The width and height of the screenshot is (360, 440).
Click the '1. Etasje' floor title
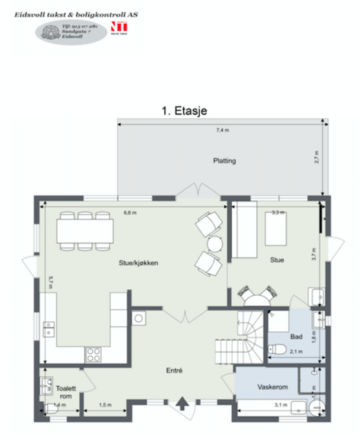click(x=184, y=111)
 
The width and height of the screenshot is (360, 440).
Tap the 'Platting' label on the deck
click(x=224, y=161)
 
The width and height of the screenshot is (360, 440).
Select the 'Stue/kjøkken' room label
click(x=138, y=263)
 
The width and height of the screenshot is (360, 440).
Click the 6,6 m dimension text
click(x=131, y=213)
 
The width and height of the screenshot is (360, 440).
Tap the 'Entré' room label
click(x=175, y=371)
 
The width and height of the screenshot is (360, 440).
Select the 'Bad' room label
click(x=296, y=337)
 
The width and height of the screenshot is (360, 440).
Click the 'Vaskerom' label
click(x=273, y=387)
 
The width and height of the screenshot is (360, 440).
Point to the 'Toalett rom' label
click(x=65, y=392)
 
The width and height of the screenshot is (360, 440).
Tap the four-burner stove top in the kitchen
click(x=94, y=354)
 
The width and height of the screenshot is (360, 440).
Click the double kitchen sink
click(x=49, y=330)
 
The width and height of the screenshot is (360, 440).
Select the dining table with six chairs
click(x=85, y=231)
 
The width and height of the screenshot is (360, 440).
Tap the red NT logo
click(x=116, y=27)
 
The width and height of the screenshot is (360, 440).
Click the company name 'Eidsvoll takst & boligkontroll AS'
click(x=76, y=15)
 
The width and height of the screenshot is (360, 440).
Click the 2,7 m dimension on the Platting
click(x=317, y=158)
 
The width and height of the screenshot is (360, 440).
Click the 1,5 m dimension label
click(x=104, y=404)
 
